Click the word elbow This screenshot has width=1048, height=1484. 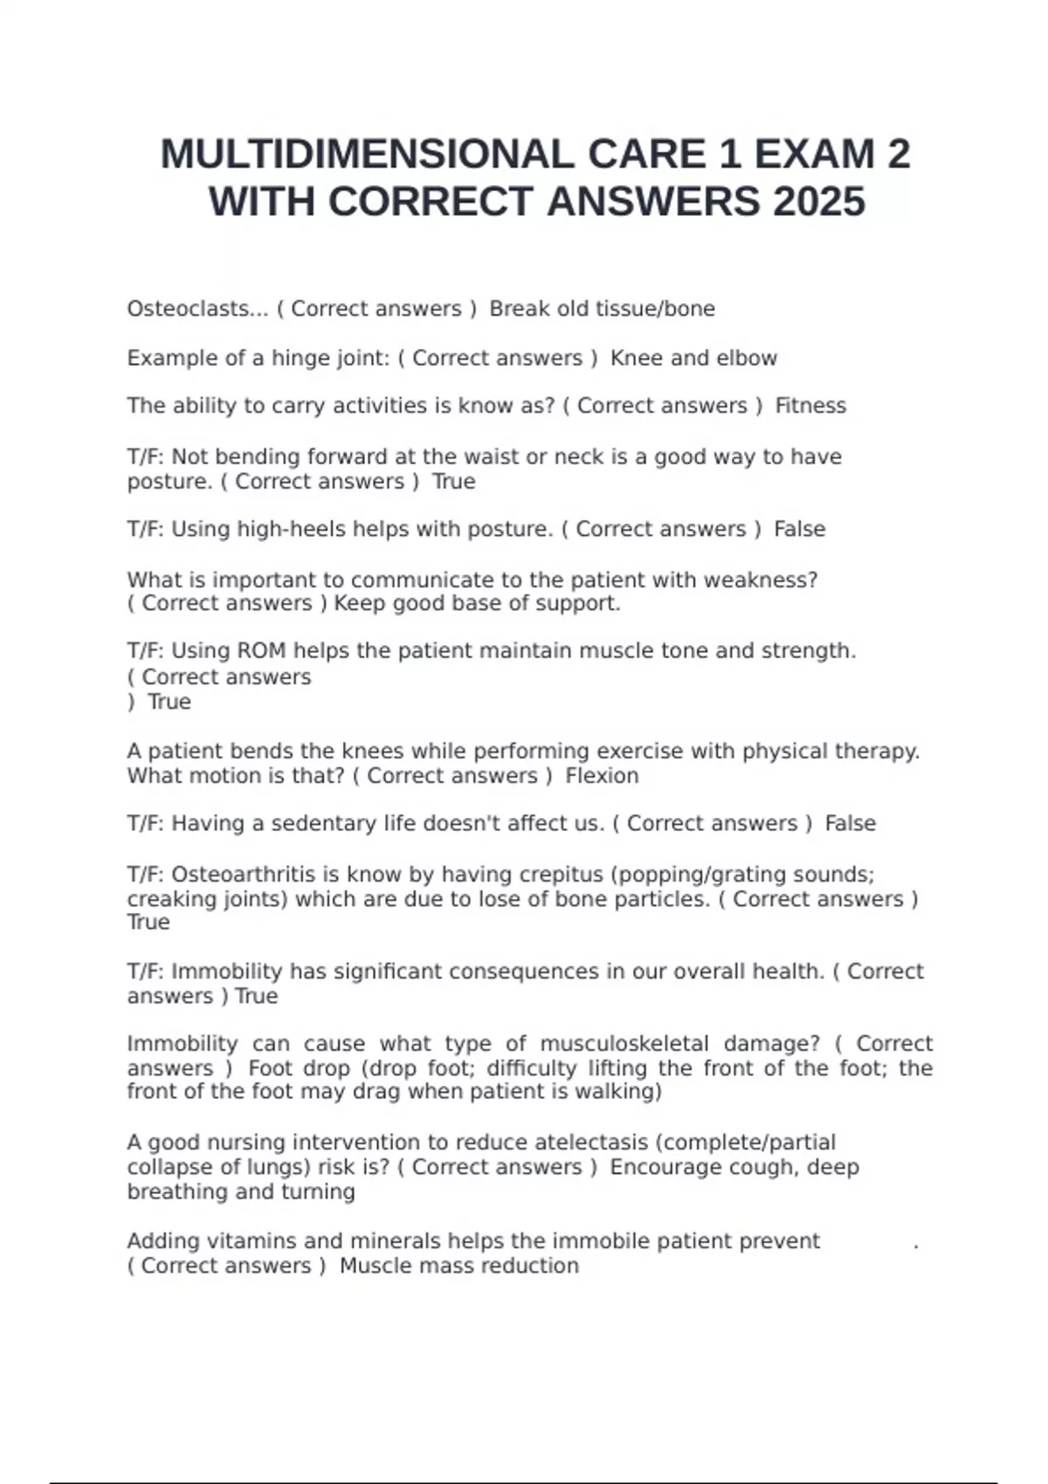747,358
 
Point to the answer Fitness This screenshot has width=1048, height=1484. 810,406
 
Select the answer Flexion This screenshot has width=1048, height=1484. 602,776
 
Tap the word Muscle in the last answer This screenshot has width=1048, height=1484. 371,1266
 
